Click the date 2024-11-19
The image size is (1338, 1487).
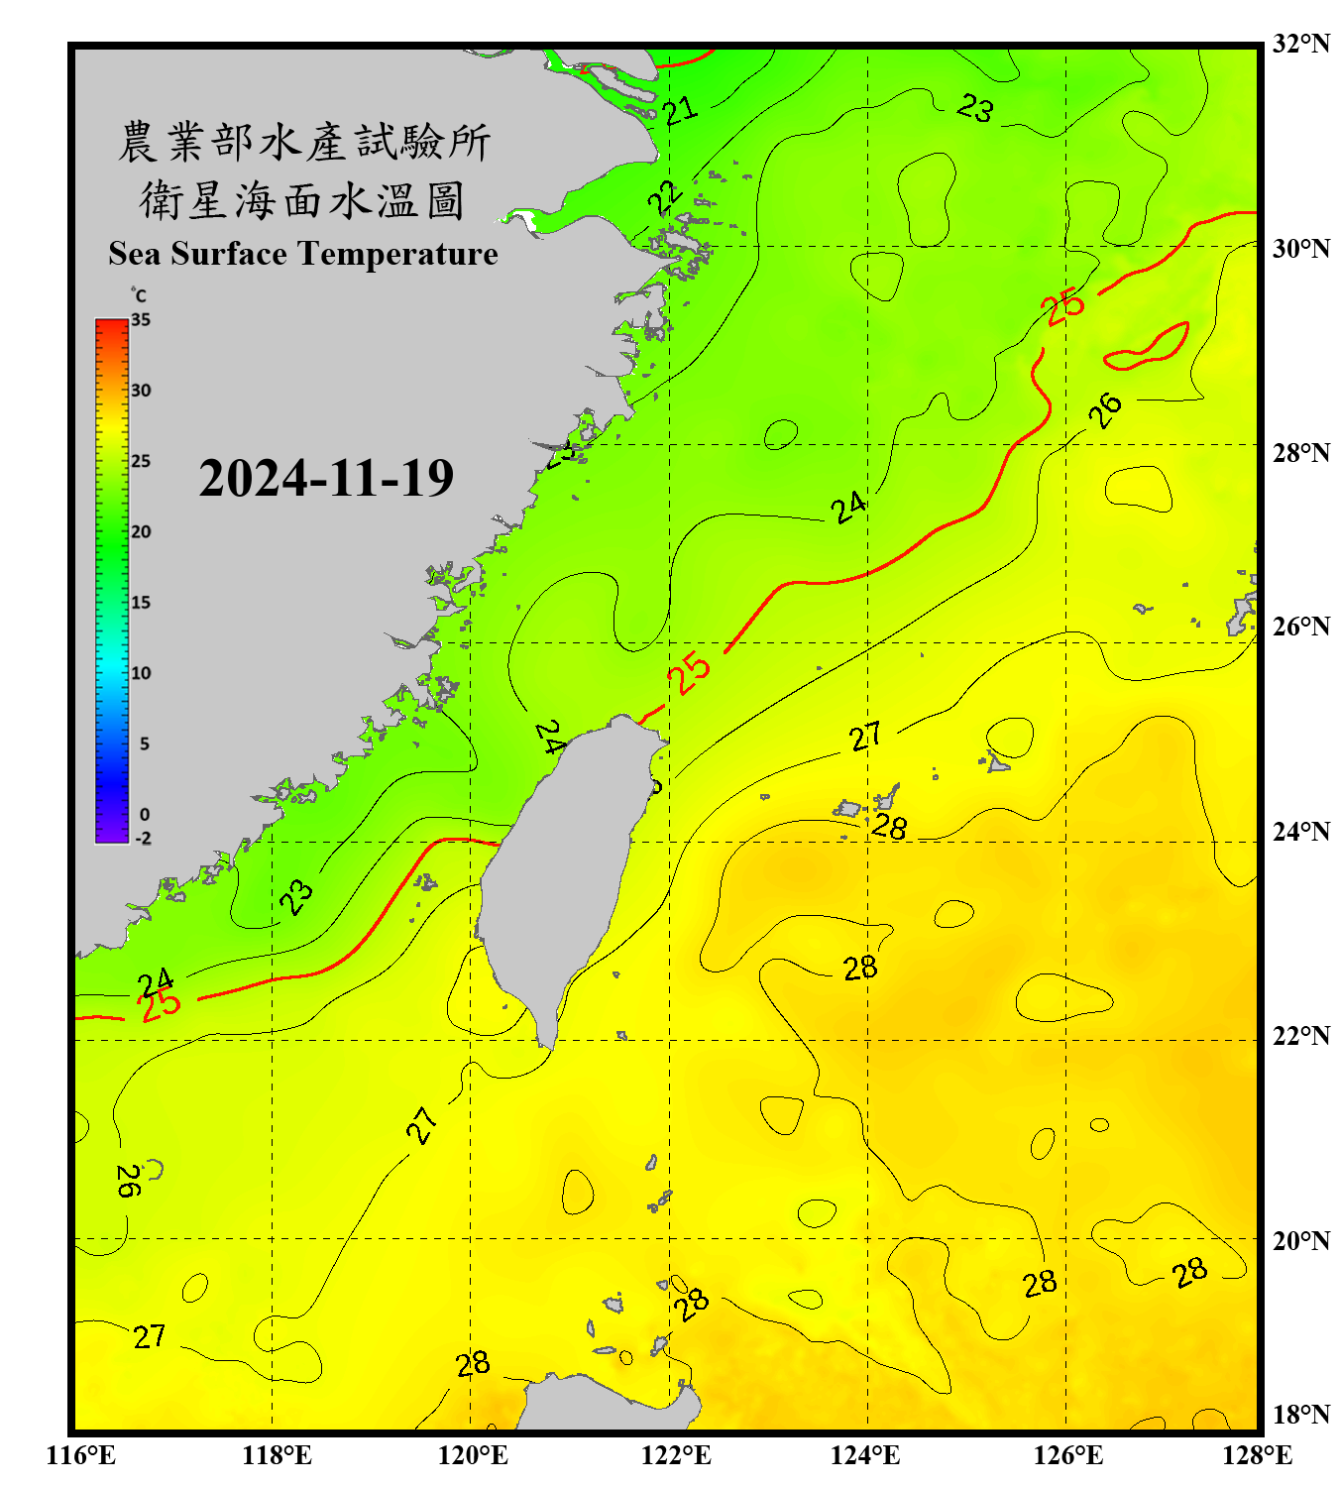click(326, 478)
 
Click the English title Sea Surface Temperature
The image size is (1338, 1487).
click(303, 254)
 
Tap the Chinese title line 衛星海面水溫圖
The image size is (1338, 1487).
click(302, 200)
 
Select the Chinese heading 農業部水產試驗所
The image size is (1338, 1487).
click(304, 142)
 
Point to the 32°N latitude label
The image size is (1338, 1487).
click(1300, 44)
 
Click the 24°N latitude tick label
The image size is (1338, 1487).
click(1300, 831)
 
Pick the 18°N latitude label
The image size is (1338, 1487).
click(1300, 1415)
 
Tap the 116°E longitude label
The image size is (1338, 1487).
click(80, 1455)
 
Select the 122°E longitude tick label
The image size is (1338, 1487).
click(676, 1455)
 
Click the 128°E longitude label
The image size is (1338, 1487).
click(1258, 1455)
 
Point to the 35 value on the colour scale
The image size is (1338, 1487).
click(141, 320)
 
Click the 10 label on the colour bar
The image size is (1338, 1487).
click(141, 673)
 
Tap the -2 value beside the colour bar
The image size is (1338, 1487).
click(143, 839)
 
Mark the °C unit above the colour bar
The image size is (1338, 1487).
click(139, 295)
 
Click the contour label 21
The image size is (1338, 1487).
click(680, 111)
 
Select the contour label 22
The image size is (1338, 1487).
click(665, 197)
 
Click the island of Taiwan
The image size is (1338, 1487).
click(560, 872)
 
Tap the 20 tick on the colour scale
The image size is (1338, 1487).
click(141, 532)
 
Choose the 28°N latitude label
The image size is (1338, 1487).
click(1300, 452)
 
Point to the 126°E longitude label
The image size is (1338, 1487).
click(1067, 1455)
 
